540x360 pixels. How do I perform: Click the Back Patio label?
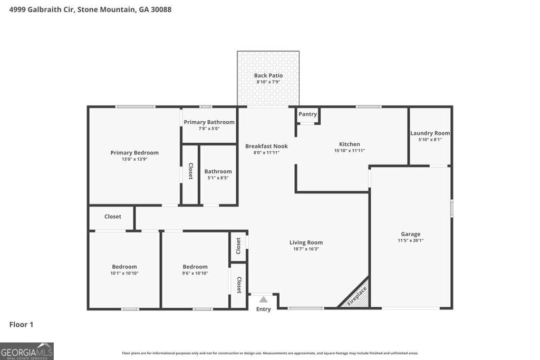(x=268, y=75)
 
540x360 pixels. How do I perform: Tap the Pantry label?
(x=307, y=114)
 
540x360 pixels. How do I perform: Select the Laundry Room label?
(x=430, y=133)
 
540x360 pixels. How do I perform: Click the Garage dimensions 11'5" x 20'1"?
(x=410, y=240)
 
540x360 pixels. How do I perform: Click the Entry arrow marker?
(x=263, y=299)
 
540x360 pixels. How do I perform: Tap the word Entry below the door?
(x=263, y=309)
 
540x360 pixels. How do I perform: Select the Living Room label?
(x=306, y=242)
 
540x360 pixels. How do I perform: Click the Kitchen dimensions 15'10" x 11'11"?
(x=349, y=151)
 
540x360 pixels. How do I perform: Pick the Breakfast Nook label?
(x=266, y=146)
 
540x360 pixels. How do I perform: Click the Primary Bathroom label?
(x=209, y=122)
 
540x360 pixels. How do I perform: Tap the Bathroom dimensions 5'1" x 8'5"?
(x=218, y=178)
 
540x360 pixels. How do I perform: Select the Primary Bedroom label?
(x=134, y=153)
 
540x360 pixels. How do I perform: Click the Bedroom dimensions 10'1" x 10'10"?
(x=124, y=273)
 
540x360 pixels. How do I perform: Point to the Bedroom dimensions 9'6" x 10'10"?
(x=195, y=273)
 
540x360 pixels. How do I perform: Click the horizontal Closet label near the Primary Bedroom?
(x=112, y=217)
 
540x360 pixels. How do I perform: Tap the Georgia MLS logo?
(x=27, y=351)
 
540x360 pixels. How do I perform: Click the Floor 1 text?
(x=21, y=325)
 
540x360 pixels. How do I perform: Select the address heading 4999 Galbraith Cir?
(x=90, y=9)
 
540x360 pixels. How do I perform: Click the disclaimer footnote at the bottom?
(x=270, y=353)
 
